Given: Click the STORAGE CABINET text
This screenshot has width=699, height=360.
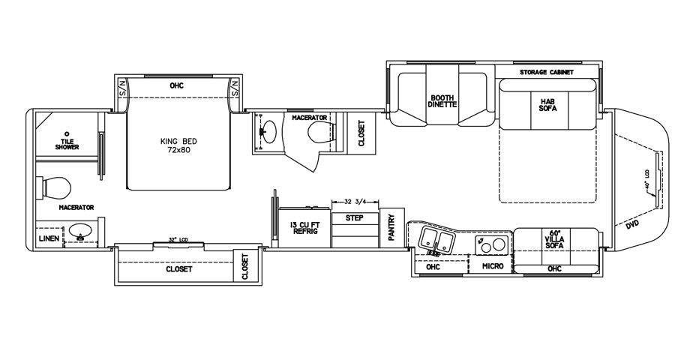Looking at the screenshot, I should [547, 73].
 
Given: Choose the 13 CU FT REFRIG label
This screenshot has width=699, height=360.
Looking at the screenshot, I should [305, 227].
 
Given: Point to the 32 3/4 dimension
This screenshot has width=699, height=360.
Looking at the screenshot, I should [356, 202].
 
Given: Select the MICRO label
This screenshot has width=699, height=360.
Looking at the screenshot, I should [492, 266].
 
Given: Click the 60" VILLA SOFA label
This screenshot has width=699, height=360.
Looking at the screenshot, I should [555, 239].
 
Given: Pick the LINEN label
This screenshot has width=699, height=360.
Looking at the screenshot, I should [49, 238].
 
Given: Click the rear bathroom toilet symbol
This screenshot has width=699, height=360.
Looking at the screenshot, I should [56, 186].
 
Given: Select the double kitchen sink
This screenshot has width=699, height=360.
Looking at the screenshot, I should [437, 240].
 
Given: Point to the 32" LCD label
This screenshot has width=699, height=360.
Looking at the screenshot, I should [178, 240].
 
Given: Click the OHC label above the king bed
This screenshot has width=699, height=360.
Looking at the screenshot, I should [177, 85].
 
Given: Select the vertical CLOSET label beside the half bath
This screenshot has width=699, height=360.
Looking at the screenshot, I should [361, 133].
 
